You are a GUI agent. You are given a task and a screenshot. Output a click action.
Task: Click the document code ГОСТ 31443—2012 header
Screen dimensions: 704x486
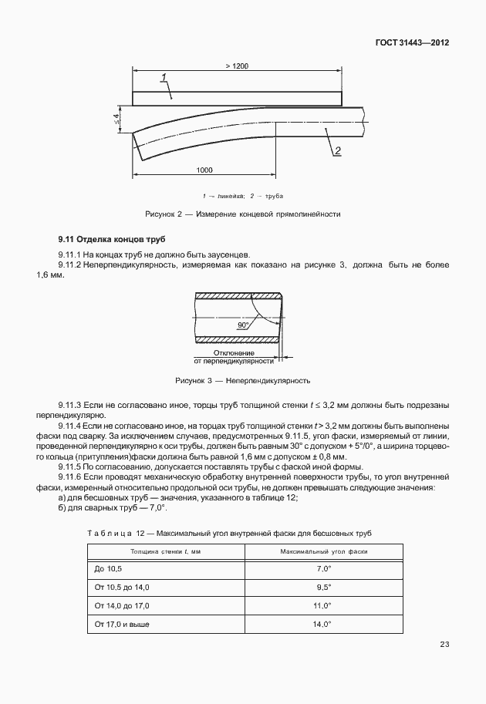point(413,43)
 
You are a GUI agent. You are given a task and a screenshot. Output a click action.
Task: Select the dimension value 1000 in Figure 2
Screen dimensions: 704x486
point(204,170)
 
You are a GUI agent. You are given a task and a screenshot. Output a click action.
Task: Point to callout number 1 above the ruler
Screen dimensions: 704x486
point(165,76)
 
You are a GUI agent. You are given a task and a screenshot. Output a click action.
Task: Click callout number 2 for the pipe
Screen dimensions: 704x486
point(338,150)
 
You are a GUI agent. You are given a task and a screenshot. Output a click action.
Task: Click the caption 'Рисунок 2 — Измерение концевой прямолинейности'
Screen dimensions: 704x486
point(243,214)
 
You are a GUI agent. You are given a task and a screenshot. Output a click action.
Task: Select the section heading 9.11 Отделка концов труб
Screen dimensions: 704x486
point(111,240)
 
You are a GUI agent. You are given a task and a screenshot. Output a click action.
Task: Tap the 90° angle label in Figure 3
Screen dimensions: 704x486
point(245,326)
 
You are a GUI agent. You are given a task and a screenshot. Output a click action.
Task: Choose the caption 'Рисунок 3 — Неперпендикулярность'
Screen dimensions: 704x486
point(243,380)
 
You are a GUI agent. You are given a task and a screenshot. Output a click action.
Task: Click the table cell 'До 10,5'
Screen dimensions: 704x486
point(109,568)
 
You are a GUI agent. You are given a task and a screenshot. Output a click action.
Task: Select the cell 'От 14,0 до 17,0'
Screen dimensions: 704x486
point(122,605)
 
